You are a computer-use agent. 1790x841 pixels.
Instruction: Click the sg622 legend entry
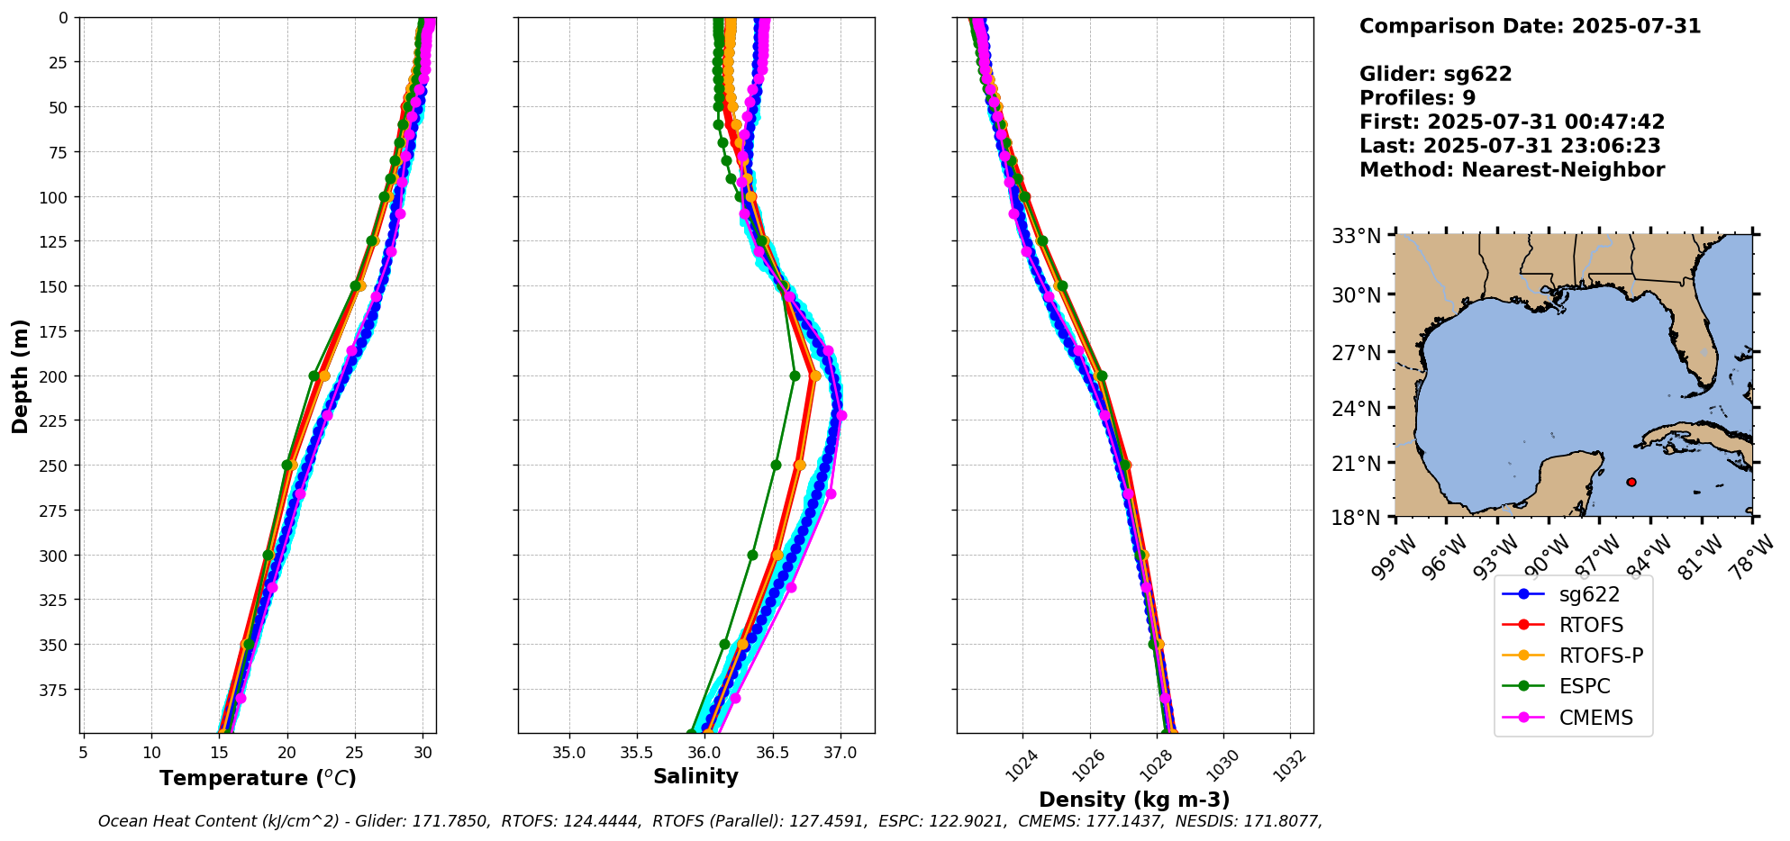1589,595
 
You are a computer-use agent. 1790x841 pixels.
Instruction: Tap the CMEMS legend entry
1595,718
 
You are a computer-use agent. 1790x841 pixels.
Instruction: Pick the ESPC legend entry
1584,686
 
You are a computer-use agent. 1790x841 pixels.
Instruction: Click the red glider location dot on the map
1631,482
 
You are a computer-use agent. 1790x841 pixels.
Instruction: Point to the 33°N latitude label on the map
1357,236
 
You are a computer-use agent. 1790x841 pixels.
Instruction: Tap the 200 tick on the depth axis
57,375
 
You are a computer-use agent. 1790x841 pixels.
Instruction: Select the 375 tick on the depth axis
57,689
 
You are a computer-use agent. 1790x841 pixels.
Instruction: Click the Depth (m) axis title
20,375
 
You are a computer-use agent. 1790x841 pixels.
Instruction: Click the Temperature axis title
258,778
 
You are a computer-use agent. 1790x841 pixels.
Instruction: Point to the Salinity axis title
695,776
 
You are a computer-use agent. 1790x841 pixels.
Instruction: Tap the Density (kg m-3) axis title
1134,800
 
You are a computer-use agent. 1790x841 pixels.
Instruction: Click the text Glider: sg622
1435,74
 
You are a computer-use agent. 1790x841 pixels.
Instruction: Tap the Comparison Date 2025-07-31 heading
1530,26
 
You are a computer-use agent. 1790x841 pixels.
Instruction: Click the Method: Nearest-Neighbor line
1512,169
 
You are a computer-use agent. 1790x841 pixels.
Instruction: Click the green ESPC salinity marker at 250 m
776,466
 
